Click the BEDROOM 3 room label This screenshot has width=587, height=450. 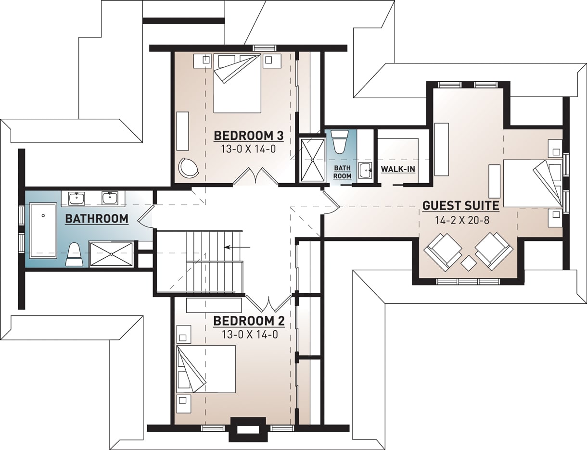tap(248, 136)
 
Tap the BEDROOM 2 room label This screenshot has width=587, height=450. tap(248, 321)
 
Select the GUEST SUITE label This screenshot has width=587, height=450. tap(460, 206)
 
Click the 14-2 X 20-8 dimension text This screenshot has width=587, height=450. tap(460, 221)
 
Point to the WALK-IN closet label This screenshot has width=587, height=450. tap(398, 169)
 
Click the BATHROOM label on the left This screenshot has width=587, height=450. tap(97, 219)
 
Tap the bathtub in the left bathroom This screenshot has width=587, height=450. tap(43, 231)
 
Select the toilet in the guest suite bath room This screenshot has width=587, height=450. tap(340, 141)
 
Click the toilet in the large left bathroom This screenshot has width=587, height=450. tap(74, 254)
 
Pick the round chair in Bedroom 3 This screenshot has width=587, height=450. tap(188, 167)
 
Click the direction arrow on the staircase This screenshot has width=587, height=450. tap(237, 247)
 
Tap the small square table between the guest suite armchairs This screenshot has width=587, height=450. tap(469, 263)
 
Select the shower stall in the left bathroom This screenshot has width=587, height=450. tap(111, 254)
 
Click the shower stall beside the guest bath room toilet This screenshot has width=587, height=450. tap(312, 160)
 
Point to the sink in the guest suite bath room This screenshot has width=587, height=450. tap(365, 170)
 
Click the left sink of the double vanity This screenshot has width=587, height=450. tap(77, 198)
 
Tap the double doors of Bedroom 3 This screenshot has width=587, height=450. tap(255, 176)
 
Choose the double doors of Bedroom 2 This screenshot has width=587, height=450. tap(268, 303)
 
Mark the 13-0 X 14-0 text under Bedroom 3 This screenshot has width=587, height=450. tap(248, 149)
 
